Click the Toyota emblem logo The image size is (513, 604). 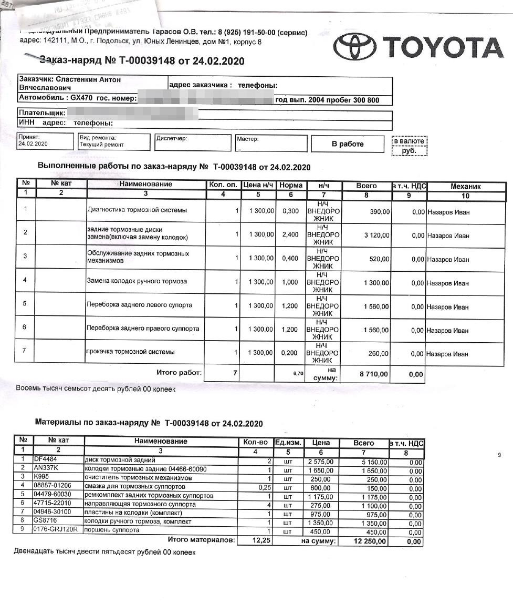click(356, 47)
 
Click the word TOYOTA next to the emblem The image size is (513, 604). click(443, 47)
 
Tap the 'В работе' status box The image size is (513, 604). click(348, 144)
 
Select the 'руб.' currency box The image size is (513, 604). click(409, 150)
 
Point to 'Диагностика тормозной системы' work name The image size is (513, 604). click(137, 210)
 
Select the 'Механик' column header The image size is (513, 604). click(466, 186)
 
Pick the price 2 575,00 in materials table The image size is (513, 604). click(321, 462)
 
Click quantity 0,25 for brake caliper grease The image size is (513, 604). click(265, 488)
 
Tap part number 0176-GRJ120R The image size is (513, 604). click(55, 530)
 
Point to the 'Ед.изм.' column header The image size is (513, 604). click(288, 443)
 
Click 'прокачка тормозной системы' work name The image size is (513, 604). click(130, 352)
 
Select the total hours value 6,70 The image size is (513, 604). click(298, 373)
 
